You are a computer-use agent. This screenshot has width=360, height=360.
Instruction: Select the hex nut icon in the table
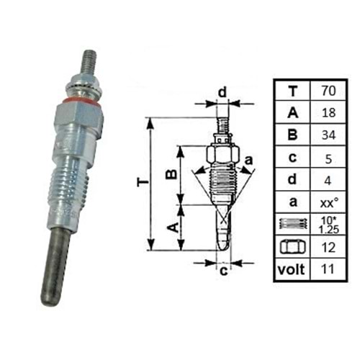(x=291, y=247)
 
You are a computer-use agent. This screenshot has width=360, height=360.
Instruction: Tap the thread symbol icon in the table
(x=291, y=225)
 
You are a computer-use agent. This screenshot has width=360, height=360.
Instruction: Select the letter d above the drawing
(x=222, y=92)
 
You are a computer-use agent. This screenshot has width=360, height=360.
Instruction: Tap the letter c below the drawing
(x=223, y=271)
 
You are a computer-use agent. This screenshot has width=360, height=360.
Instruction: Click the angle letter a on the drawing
(x=249, y=158)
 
